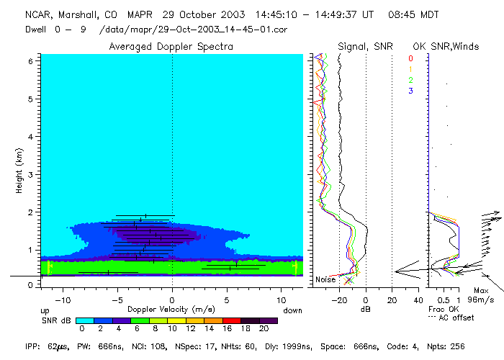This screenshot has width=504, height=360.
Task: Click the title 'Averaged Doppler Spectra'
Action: [171, 46]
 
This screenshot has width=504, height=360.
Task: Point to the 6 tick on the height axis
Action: [30, 62]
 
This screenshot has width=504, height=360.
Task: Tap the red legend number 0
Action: [410, 58]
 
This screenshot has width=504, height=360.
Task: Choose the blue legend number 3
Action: [410, 91]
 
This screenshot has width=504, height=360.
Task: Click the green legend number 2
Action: [410, 80]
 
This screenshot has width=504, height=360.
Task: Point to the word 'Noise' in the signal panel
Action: [326, 279]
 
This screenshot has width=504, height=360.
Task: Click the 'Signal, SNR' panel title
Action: [365, 46]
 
